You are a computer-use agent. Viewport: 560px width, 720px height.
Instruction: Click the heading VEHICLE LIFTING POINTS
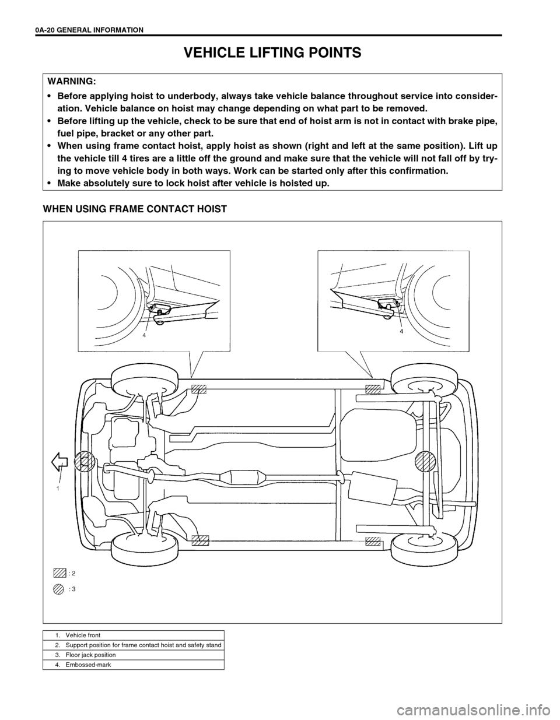click(x=273, y=53)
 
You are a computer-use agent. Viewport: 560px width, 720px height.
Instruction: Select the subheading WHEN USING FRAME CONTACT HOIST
click(x=135, y=208)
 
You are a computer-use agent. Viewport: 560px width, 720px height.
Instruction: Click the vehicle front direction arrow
click(x=60, y=462)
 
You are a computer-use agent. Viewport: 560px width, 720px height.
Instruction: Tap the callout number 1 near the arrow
click(x=58, y=488)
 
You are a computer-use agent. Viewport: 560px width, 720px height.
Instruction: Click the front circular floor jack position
click(x=85, y=462)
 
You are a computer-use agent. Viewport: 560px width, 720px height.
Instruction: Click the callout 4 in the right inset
click(x=401, y=331)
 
